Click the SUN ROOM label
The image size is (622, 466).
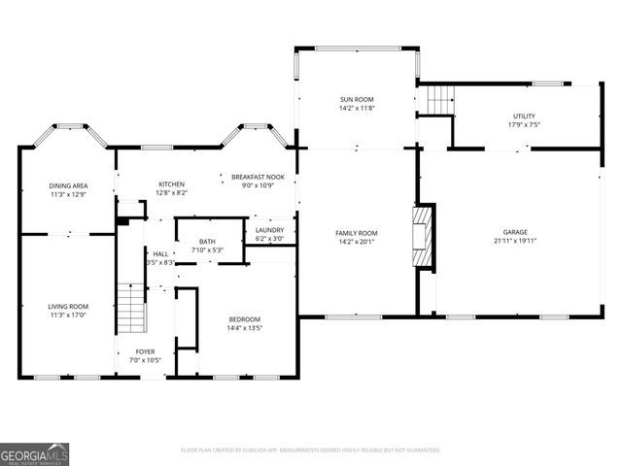(x=357, y=100)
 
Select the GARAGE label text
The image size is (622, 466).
(x=515, y=233)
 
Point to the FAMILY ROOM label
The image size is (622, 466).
(x=357, y=233)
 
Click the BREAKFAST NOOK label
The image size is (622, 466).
(x=258, y=177)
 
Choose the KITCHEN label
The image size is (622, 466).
(x=172, y=184)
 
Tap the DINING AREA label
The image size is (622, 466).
(x=69, y=185)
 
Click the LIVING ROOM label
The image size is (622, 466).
(x=69, y=307)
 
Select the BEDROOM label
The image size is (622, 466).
(x=244, y=319)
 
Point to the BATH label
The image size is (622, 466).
(x=207, y=242)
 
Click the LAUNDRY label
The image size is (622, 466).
(x=269, y=230)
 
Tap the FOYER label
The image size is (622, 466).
(x=145, y=351)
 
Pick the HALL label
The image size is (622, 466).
(x=159, y=253)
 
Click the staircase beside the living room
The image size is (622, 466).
(x=130, y=306)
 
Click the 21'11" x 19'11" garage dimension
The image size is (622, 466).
(x=515, y=242)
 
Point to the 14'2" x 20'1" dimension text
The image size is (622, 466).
(x=357, y=242)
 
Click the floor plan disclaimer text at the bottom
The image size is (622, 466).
(x=311, y=450)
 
